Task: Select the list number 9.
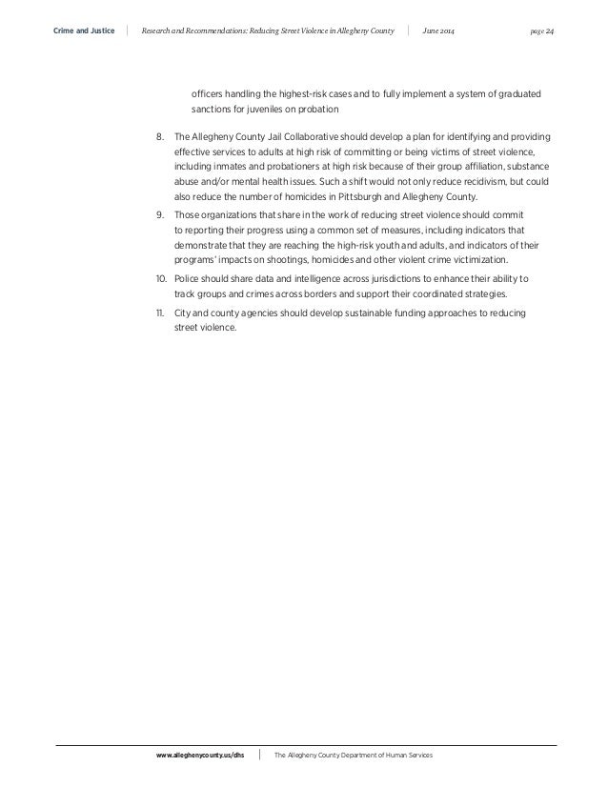pos(161,215)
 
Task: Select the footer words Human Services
pos(406,754)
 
